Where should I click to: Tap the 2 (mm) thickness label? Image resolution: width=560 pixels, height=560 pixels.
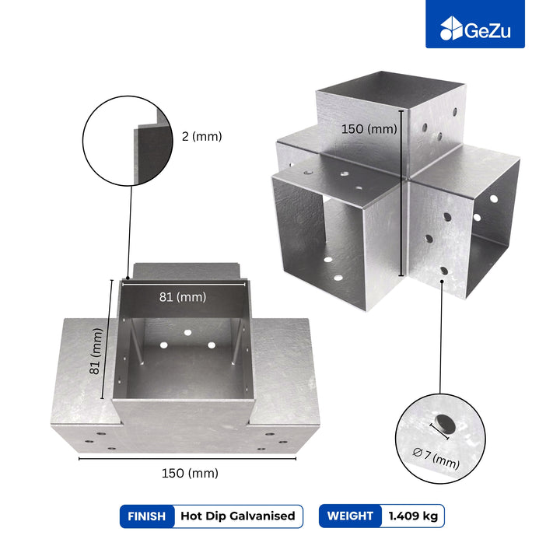pyautogui.click(x=201, y=136)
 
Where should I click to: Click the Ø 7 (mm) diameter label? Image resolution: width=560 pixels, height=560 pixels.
pyautogui.click(x=436, y=458)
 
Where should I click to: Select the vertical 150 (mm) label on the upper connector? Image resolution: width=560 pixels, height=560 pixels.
pyautogui.click(x=369, y=128)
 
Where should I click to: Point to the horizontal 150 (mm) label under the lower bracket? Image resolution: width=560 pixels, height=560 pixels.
pyautogui.click(x=190, y=473)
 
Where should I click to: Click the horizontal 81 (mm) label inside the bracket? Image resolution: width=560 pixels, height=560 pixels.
pyautogui.click(x=183, y=297)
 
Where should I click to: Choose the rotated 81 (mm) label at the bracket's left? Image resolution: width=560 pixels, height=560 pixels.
pyautogui.click(x=96, y=351)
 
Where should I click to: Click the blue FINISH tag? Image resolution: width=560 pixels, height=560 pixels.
pyautogui.click(x=147, y=516)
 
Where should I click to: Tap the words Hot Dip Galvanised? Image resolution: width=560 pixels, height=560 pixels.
pyautogui.click(x=238, y=516)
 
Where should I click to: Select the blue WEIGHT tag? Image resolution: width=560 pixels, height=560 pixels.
pyautogui.click(x=350, y=516)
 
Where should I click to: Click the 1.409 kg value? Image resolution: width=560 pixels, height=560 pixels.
pyautogui.click(x=413, y=516)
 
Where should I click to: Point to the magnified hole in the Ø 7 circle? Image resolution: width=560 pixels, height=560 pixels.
pyautogui.click(x=446, y=424)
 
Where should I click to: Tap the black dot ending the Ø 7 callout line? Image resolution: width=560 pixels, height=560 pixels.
pyautogui.click(x=442, y=282)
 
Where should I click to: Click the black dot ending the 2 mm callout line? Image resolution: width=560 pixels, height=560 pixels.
pyautogui.click(x=128, y=278)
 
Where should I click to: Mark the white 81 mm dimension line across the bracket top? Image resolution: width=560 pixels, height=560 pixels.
pyautogui.click(x=184, y=285)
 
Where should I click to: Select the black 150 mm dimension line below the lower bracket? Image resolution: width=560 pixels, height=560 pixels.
pyautogui.click(x=187, y=459)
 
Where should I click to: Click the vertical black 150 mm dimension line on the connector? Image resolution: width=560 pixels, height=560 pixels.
pyautogui.click(x=401, y=193)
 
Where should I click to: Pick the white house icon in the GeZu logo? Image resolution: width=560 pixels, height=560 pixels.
pyautogui.click(x=451, y=28)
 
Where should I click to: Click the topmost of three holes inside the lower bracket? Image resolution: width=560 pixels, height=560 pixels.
pyautogui.click(x=188, y=333)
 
